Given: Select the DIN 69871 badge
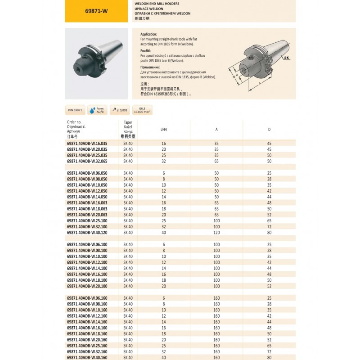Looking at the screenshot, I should pos(75,110).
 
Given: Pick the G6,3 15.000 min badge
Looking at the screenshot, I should pos(144,110).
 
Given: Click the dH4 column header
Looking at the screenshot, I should pos(164,130).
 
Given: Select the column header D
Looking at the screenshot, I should pos(269,130).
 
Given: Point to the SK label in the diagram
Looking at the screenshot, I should pos(286,58).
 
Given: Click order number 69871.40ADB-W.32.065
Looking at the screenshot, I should pos(87,161).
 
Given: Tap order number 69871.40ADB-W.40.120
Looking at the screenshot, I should pos(87,233).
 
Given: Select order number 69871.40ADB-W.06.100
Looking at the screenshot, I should pos(87,244).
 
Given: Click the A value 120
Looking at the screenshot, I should pos(216,233).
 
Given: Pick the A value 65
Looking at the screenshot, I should pos(216,161).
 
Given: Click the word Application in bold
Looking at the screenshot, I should pos(149,34).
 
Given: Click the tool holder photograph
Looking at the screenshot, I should pos(94,63).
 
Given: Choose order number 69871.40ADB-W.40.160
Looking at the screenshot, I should pos(87,357).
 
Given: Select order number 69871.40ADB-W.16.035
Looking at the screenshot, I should pos(87,143).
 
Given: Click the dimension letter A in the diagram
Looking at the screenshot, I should pos(260,84).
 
